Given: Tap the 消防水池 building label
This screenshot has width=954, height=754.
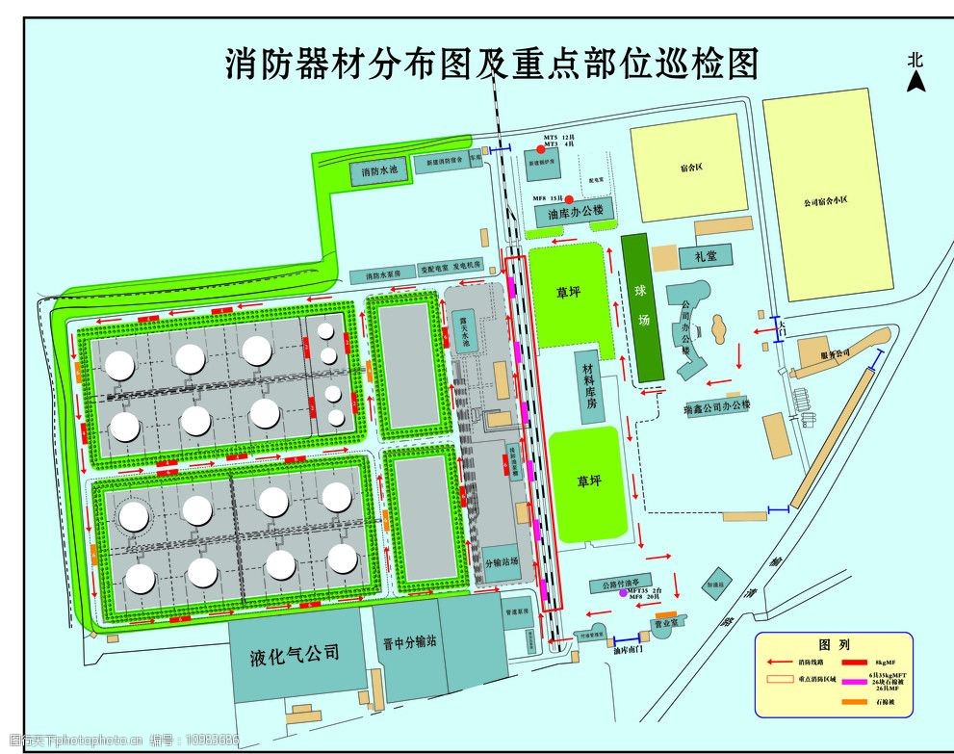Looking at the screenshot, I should [378, 173].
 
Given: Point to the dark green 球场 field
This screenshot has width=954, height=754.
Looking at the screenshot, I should [641, 306].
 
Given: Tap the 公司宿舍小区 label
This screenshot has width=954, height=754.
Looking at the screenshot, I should [825, 202].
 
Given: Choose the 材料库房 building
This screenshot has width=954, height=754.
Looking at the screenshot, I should [588, 385].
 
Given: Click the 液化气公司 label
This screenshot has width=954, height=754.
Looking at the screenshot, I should [294, 653].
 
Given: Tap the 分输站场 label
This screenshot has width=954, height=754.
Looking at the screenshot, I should [502, 560].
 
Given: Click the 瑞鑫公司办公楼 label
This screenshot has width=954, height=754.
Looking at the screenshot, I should [716, 408].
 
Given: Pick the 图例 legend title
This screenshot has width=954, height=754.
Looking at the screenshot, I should [832, 644].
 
